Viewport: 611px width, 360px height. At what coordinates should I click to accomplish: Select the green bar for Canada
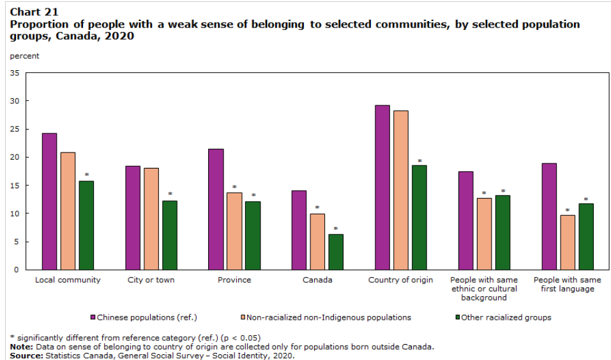[336, 251]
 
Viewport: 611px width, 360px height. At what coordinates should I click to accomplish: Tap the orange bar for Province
[234, 230]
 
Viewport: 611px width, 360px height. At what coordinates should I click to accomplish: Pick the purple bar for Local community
[49, 201]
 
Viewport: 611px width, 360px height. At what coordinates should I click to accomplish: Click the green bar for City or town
[170, 235]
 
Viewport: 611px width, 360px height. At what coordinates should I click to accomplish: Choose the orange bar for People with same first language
[568, 242]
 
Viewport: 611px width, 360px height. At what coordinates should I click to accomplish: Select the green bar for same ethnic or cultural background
[503, 232]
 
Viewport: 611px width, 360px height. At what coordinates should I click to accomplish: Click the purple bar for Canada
[299, 230]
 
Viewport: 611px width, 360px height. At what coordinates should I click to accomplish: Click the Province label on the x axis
[234, 280]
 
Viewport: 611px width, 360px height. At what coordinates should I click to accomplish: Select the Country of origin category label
[401, 280]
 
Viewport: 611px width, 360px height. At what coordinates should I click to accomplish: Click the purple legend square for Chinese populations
[93, 317]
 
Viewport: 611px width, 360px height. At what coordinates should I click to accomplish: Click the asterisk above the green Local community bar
[87, 175]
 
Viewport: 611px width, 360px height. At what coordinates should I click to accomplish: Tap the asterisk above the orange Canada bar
[317, 208]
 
